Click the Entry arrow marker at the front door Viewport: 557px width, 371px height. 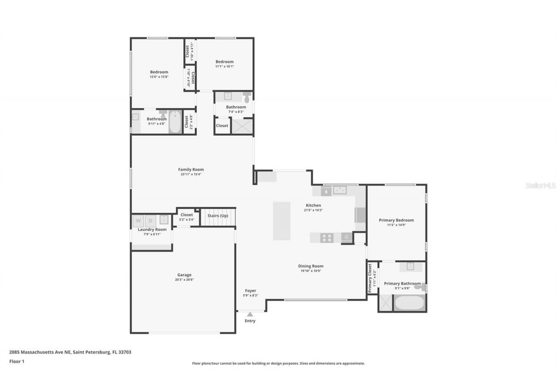tap(250, 314)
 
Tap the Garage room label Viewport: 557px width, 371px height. tap(184, 275)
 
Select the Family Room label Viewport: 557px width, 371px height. tap(191, 170)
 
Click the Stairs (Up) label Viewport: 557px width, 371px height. tap(218, 216)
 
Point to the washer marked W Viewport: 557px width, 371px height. tap(138, 221)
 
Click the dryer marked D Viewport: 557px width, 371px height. tap(150, 221)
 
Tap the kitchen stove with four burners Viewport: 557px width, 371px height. tap(327, 237)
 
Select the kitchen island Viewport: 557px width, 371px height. tap(282, 221)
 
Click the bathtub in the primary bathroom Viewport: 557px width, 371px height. tap(409, 303)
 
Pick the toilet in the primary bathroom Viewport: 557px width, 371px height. tap(419, 287)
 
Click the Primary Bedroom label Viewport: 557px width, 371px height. tap(396, 220)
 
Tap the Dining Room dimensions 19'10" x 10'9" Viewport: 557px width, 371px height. tap(311, 271)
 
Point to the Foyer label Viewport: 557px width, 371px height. tap(250, 291)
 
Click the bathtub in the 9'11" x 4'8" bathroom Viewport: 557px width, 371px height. tap(175, 122)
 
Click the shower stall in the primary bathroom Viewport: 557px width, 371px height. tap(385, 303)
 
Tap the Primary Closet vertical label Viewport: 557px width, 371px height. tap(370, 278)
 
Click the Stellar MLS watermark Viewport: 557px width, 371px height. tap(540, 185)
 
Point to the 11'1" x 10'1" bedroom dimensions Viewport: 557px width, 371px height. tap(225, 67)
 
